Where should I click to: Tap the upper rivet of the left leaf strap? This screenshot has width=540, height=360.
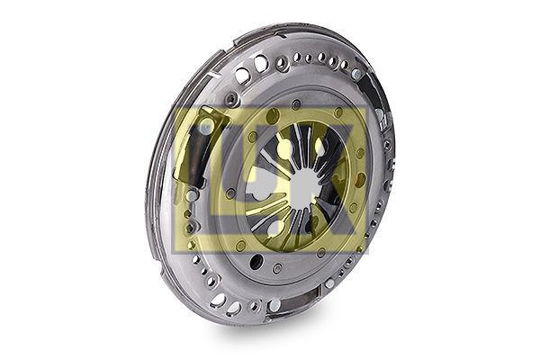pos(206,129)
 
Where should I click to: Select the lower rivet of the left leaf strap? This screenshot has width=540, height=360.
pos(192,195)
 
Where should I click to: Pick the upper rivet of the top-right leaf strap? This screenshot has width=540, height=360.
pos(356,74)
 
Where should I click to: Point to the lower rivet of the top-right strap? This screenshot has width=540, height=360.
pos(380,114)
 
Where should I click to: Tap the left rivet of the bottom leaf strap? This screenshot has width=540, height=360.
pos(274,304)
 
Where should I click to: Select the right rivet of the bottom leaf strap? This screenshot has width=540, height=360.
pos(329,283)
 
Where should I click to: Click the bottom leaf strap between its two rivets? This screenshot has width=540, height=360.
pos(301,297)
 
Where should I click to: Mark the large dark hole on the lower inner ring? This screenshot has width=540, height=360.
pos(255,262)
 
